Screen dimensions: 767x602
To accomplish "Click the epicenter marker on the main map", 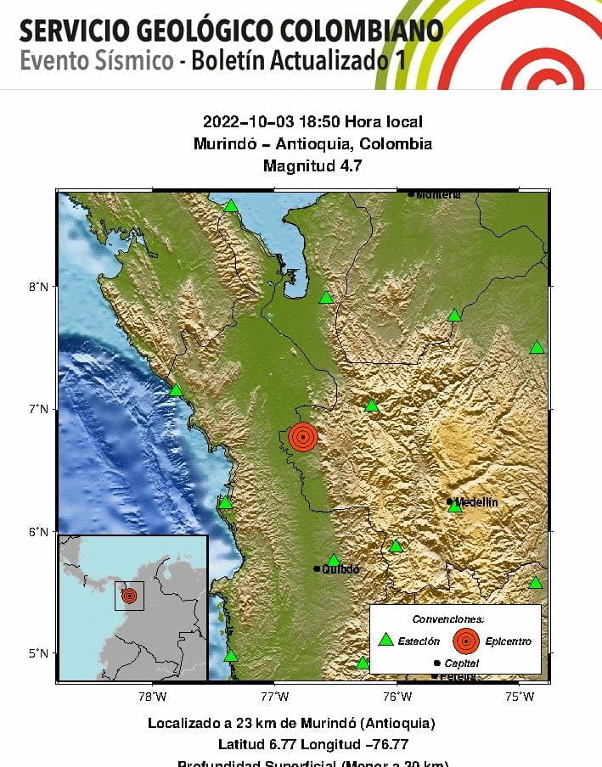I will [303, 437].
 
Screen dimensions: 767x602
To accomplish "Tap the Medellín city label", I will [476, 501].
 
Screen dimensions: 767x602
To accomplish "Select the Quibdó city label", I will [340, 568].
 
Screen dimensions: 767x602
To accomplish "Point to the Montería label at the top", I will [438, 194].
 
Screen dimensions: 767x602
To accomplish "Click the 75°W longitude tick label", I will [520, 697].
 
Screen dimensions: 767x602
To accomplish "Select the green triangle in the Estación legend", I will [385, 640].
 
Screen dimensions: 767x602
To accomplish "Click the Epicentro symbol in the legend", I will [465, 641].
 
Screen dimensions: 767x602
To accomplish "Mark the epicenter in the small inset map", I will [129, 596].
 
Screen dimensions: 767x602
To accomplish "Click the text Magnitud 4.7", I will [312, 166].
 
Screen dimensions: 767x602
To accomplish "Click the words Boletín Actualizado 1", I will [297, 62].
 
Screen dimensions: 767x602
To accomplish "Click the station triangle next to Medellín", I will [455, 507].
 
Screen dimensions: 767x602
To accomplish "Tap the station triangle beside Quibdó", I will [334, 560].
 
